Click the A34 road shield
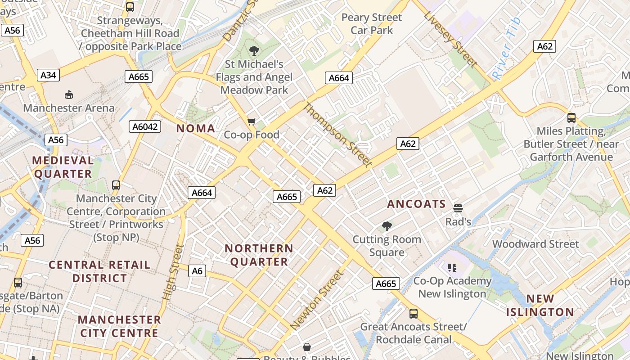pos(48,75)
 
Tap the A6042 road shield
pos(145,126)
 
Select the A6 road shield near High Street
pos(197,270)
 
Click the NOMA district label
pos(196,129)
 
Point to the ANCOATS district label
pos(416,204)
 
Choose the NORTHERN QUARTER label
pos(259,255)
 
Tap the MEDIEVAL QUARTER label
pos(63,167)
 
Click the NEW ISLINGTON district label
pos(540,305)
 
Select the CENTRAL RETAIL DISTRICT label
pos(99,271)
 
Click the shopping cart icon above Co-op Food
pos(252,121)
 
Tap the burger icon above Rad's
pos(458,208)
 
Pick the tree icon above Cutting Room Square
pos(387,226)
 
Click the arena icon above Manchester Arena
pos(69,94)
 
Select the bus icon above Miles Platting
pos(571,118)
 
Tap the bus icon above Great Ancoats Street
pos(413,313)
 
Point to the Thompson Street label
pos(338,135)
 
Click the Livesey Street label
pos(450,39)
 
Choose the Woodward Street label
pos(535,244)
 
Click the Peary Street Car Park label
pos(372,24)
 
